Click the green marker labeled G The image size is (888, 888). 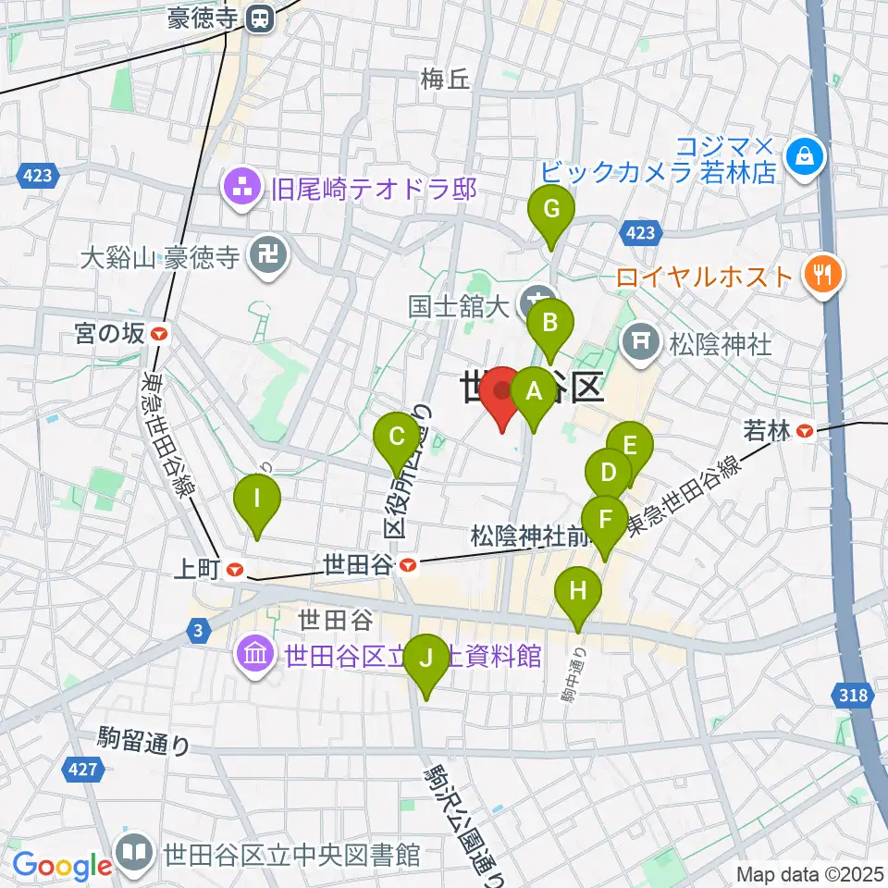550,210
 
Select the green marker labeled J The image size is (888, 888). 425,659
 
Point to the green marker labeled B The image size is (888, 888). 550,324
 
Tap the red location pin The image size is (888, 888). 503,392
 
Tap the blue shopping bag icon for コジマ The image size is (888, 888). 802,155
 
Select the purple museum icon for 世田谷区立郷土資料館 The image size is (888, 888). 254,656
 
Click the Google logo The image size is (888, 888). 62,865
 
